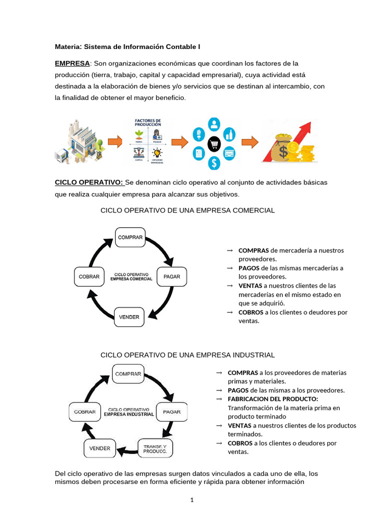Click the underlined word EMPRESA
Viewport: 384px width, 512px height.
[72, 63]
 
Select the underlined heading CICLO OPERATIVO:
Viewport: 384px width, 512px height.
[89, 182]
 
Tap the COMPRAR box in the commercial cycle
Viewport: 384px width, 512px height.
[130, 237]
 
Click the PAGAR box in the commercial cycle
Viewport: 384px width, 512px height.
[172, 276]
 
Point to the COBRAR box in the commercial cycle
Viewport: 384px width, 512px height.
[89, 276]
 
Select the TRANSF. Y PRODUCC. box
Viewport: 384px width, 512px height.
[155, 448]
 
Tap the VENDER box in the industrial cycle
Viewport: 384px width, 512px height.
[99, 448]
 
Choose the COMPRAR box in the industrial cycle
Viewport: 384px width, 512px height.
[128, 373]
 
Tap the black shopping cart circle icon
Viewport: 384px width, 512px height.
[214, 143]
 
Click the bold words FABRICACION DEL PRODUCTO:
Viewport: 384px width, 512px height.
[272, 399]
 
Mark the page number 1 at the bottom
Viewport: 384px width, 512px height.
[192, 499]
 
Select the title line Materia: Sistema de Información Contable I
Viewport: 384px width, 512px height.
[127, 47]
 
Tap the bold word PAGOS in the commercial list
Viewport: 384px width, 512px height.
[249, 268]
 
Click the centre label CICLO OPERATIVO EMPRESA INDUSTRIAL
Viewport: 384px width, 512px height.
[128, 411]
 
